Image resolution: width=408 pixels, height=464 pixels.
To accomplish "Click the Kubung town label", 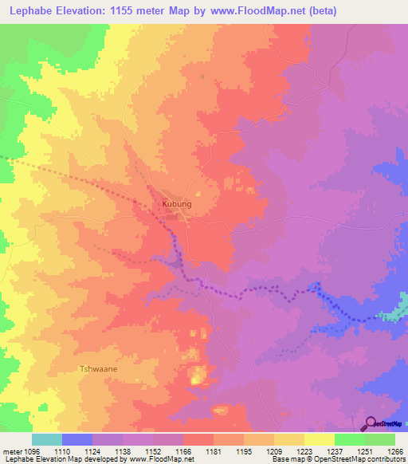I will click(177, 204).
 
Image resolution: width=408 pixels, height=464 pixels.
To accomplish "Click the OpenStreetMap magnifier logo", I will click(371, 423).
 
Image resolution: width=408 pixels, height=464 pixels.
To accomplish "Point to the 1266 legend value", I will click(395, 450).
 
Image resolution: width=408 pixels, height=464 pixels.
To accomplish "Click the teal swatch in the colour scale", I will click(47, 439).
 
